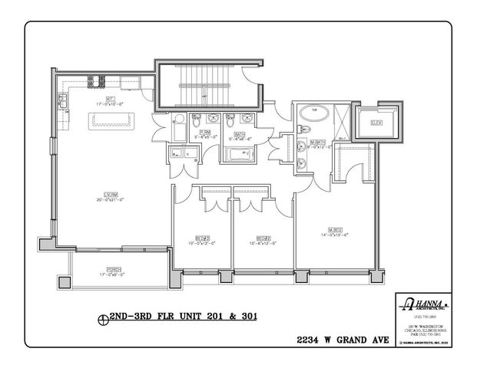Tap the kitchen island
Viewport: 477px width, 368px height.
112,120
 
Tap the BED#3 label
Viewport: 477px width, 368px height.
202,239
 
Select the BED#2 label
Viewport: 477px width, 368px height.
263,239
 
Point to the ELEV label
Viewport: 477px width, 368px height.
376,123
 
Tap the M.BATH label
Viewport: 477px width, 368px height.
319,143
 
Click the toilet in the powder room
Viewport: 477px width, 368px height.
196,120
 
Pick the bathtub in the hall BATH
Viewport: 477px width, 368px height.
242,156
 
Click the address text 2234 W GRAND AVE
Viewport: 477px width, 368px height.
342,338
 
